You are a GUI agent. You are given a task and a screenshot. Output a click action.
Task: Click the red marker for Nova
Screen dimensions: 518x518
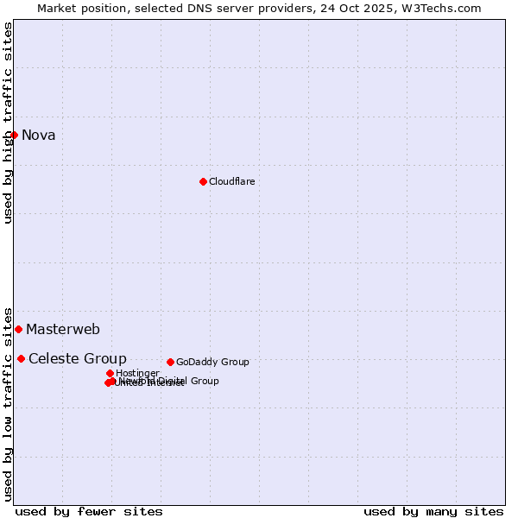pyautogui.click(x=15, y=135)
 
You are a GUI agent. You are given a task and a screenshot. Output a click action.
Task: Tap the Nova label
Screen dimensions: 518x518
pyautogui.click(x=38, y=135)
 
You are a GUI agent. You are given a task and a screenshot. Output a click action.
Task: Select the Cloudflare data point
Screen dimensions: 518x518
pyautogui.click(x=204, y=181)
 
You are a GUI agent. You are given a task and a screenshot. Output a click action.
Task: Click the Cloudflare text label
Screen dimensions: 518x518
pyautogui.click(x=231, y=181)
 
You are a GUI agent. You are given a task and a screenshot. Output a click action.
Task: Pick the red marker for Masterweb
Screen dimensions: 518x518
pyautogui.click(x=18, y=329)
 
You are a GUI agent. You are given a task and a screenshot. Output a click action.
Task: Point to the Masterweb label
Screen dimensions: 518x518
pyautogui.click(x=63, y=329)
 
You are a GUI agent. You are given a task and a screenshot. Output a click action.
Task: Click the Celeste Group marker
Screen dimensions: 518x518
pyautogui.click(x=21, y=358)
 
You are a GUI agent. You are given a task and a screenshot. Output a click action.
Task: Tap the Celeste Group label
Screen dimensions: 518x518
pyautogui.click(x=78, y=358)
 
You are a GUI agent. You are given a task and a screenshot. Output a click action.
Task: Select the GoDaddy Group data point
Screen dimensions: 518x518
pyautogui.click(x=171, y=362)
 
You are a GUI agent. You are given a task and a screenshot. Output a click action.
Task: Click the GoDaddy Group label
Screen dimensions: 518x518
pyautogui.click(x=212, y=362)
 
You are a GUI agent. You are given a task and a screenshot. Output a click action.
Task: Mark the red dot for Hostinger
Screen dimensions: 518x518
pyautogui.click(x=111, y=373)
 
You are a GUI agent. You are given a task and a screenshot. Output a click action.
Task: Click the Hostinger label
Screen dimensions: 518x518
pyautogui.click(x=137, y=373)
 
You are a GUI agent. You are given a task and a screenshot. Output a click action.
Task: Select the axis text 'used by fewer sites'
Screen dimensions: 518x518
pyautogui.click(x=89, y=511)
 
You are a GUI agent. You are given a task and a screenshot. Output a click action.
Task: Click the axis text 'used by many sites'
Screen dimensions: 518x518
pyautogui.click(x=433, y=511)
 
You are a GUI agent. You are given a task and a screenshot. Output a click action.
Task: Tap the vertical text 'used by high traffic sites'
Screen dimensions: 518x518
pyautogui.click(x=8, y=123)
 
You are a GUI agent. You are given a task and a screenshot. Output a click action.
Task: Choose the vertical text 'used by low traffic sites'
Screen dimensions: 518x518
pyautogui.click(x=8, y=403)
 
